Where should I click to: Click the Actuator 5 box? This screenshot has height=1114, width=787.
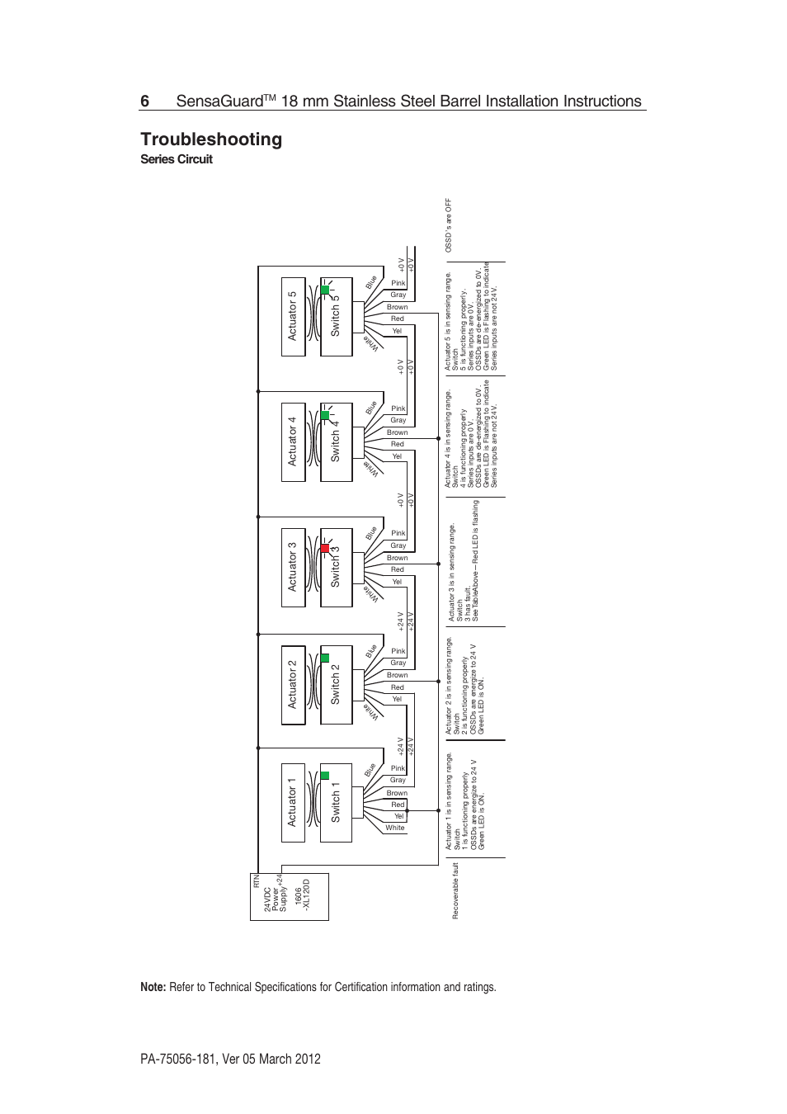point(293,317)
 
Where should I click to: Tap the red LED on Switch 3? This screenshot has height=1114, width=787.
point(325,549)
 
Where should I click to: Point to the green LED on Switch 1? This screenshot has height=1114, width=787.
point(325,776)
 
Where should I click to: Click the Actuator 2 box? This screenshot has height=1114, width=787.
point(293,685)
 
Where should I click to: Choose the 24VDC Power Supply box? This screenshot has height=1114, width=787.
point(290,896)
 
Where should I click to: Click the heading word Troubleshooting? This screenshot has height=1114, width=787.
point(211,139)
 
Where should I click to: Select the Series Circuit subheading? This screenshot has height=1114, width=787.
point(177,159)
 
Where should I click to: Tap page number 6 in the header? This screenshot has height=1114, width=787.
point(145,101)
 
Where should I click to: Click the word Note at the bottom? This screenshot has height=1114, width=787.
point(153,987)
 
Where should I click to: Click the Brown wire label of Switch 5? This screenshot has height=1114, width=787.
point(398,307)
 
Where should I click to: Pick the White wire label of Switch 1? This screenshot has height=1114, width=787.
point(395,828)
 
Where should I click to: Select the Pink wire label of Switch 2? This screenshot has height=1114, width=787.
point(398,651)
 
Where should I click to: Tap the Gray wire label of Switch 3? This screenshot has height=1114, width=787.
point(398,545)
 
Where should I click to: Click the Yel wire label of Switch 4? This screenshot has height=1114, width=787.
point(397,456)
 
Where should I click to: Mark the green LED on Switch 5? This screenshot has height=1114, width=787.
point(325,290)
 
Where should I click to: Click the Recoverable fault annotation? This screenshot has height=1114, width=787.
point(455,891)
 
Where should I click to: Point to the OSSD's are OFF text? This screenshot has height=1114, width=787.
point(449,225)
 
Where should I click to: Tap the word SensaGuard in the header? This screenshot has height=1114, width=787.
point(219,101)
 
